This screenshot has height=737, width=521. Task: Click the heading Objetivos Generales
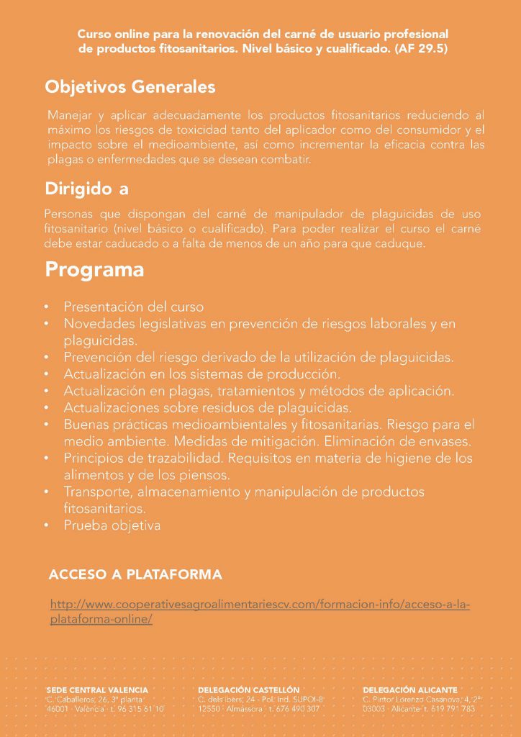130,87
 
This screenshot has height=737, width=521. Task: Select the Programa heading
94,271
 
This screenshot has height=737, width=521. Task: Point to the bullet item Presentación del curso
133,307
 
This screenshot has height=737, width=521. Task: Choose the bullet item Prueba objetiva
112,525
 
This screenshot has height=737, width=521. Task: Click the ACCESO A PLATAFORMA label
135,574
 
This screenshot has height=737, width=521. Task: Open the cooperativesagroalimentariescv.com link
260,611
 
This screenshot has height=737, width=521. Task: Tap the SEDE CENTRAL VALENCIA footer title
97,689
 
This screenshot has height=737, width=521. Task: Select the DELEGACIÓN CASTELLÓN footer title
248,689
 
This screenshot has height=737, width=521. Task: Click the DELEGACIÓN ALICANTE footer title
410,689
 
